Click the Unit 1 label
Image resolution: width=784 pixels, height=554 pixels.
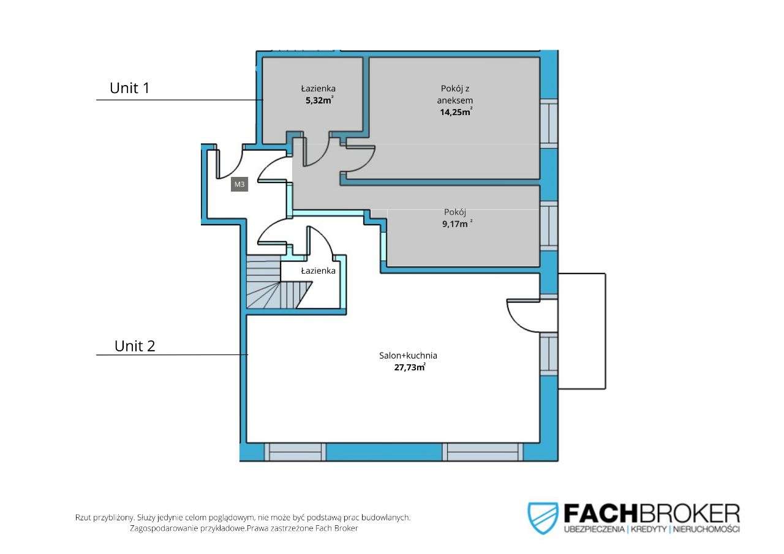(x=129, y=88)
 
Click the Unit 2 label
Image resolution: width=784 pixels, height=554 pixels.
(x=135, y=346)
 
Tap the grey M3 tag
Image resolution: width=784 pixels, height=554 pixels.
(x=239, y=184)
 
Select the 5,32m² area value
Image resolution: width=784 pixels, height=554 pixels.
(x=320, y=100)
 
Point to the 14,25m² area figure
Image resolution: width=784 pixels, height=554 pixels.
(x=456, y=112)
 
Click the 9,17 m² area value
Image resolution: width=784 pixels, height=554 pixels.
(x=458, y=224)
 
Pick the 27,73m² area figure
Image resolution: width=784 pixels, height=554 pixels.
(x=410, y=367)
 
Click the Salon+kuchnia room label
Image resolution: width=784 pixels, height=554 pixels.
(x=408, y=355)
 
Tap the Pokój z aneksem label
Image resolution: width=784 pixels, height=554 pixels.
(x=455, y=94)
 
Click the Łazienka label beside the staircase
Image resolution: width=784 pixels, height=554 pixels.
(x=318, y=271)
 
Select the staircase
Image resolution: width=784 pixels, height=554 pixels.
(x=279, y=282)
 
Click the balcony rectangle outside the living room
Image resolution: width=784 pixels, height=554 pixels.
(x=582, y=331)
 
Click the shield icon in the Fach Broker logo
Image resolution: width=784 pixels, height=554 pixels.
(x=543, y=518)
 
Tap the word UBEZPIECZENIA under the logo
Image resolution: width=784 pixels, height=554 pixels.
(x=594, y=529)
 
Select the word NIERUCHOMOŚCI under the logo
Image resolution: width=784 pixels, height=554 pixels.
(x=706, y=529)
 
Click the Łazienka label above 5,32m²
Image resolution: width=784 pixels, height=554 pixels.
(x=318, y=89)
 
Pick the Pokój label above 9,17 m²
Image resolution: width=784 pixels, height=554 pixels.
(x=455, y=212)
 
